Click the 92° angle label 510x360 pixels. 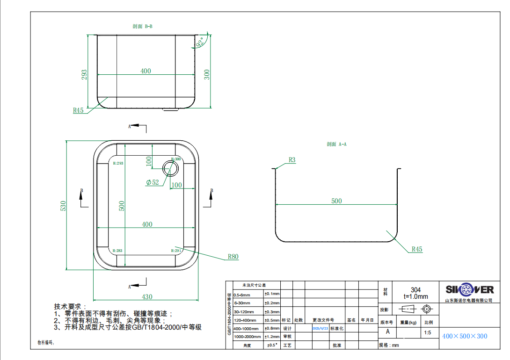point(200,43)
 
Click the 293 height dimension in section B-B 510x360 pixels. point(85,75)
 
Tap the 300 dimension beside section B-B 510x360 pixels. point(207,75)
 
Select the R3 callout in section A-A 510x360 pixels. point(292,160)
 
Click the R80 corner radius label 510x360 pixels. point(233,257)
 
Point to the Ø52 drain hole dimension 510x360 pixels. point(153,182)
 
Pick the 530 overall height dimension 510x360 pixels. point(64,206)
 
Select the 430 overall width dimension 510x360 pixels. point(147,297)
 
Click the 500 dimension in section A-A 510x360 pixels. point(336,201)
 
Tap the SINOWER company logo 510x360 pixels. point(469,289)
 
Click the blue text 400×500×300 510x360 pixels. point(465,336)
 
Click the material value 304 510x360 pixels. point(415,290)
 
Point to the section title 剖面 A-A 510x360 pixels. point(336,144)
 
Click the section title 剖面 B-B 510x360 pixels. point(142,27)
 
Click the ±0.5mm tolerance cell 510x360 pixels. point(272,320)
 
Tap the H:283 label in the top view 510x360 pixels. point(118,251)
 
